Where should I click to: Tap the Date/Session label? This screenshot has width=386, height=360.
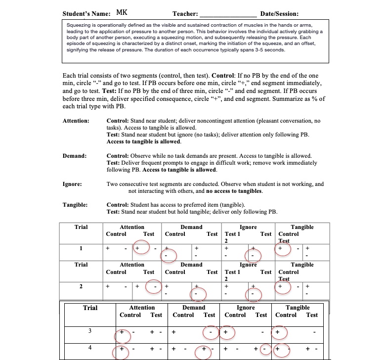click(x=279, y=14)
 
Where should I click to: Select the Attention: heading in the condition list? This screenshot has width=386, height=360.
click(x=76, y=121)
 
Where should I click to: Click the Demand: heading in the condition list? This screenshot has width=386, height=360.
click(x=75, y=156)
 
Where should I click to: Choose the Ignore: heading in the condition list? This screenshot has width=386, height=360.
click(x=73, y=184)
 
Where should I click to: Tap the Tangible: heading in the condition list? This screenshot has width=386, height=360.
click(x=75, y=205)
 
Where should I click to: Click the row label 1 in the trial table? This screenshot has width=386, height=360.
click(x=81, y=248)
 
